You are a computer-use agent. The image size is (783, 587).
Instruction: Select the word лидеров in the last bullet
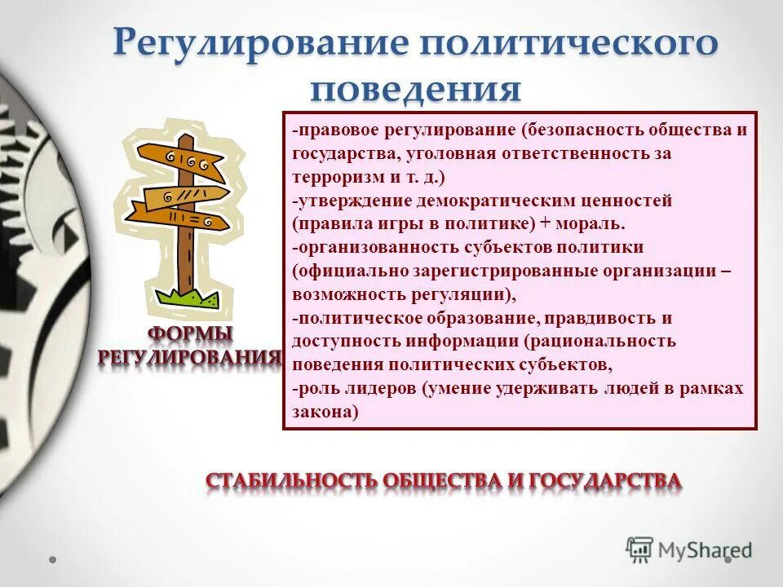click(x=376, y=388)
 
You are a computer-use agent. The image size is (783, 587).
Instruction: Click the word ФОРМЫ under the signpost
click(x=189, y=334)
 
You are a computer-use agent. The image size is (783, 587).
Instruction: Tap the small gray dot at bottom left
click(x=52, y=560)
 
